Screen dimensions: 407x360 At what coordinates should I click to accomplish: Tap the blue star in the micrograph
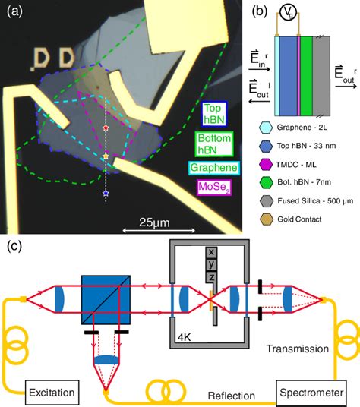click(x=105, y=196)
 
